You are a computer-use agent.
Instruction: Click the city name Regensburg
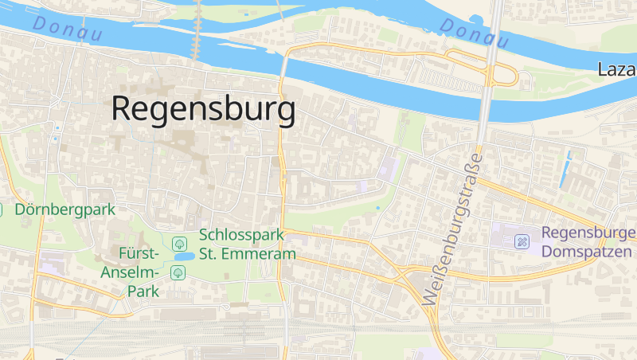point(203,109)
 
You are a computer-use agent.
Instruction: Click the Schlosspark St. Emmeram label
point(248,245)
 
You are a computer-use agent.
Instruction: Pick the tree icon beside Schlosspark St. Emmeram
point(180,242)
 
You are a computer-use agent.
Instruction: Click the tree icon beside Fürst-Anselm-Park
point(178,273)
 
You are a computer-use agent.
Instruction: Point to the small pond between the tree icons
point(183,257)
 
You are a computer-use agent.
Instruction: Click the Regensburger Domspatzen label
point(588,242)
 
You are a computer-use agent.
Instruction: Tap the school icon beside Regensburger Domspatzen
point(522,241)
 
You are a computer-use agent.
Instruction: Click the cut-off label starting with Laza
point(617,70)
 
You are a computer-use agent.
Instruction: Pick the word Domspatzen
point(587,252)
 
